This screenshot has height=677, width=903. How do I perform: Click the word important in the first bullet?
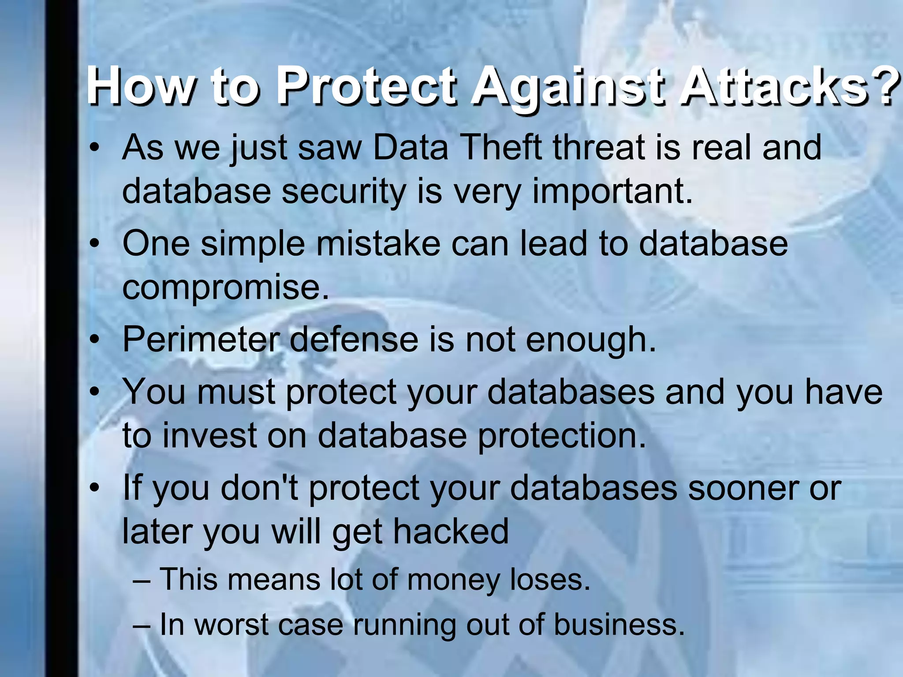click(612, 192)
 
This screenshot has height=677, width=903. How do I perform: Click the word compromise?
click(225, 288)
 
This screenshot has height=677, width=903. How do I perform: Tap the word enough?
click(591, 342)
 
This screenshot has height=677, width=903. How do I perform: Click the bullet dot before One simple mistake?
click(93, 245)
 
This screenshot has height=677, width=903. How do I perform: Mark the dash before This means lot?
click(142, 580)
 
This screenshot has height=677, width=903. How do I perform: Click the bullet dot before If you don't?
click(93, 489)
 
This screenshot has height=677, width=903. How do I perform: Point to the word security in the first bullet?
click(343, 192)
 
